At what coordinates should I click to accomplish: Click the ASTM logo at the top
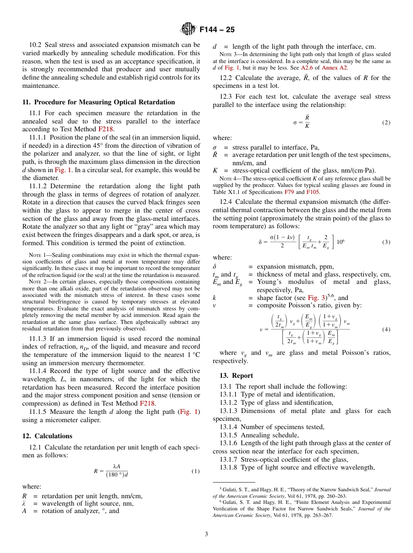(188, 30)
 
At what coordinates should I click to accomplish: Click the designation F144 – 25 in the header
(217, 30)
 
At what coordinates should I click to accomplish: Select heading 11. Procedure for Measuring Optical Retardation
(98, 102)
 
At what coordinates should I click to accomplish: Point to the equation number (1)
(195, 471)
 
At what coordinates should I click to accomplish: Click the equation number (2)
(386, 123)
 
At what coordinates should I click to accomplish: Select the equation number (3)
(386, 242)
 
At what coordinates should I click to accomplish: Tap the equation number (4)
(386, 330)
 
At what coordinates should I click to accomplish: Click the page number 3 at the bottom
(206, 534)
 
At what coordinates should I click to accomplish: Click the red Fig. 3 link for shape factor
(315, 298)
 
